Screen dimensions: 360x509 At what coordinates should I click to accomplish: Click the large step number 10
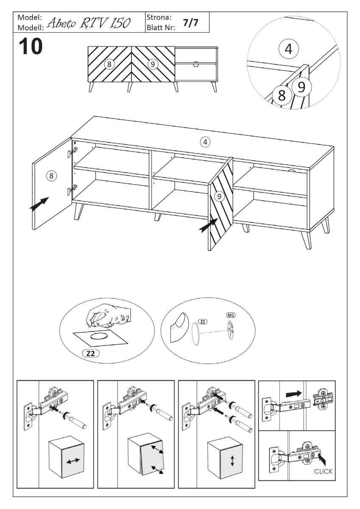tap(31, 46)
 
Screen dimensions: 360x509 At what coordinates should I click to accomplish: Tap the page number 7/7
tap(191, 23)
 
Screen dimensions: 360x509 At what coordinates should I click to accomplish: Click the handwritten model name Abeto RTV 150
tap(89, 23)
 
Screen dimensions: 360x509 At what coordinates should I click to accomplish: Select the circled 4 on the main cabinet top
tap(205, 142)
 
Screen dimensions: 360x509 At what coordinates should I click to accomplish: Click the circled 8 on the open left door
tap(51, 176)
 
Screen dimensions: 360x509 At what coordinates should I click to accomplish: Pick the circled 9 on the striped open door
tap(219, 196)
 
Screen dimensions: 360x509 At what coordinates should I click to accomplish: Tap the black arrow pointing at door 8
tap(39, 203)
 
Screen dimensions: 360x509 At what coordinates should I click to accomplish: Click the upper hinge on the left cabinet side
tap(73, 152)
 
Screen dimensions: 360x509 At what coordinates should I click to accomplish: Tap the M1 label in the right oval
tap(231, 315)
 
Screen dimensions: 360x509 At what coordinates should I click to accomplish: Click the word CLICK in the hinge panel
tap(323, 472)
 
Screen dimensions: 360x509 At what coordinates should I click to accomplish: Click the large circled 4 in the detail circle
tap(288, 49)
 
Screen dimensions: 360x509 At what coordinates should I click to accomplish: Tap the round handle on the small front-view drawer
tap(196, 64)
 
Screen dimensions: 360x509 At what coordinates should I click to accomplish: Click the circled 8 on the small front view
tap(109, 64)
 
